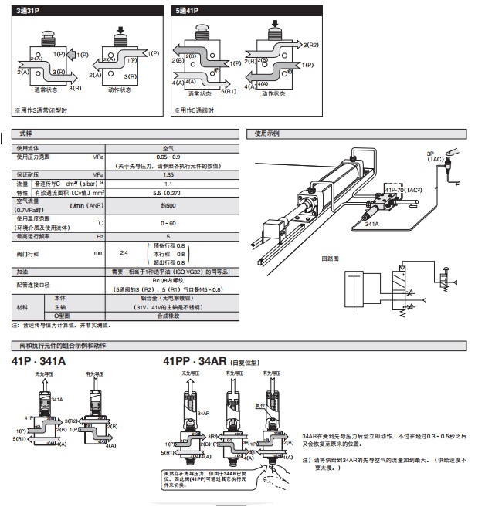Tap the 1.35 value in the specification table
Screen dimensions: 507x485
pos(168,174)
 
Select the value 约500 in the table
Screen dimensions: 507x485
pos(168,205)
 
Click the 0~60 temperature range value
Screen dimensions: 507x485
pos(168,223)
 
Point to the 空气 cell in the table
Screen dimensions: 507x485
pos(168,147)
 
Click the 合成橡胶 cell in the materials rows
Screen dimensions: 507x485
pos(168,316)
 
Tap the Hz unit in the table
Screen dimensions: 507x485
pos(100,235)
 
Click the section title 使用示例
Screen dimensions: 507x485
pos(267,134)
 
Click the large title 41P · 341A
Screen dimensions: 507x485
pos(39,360)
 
